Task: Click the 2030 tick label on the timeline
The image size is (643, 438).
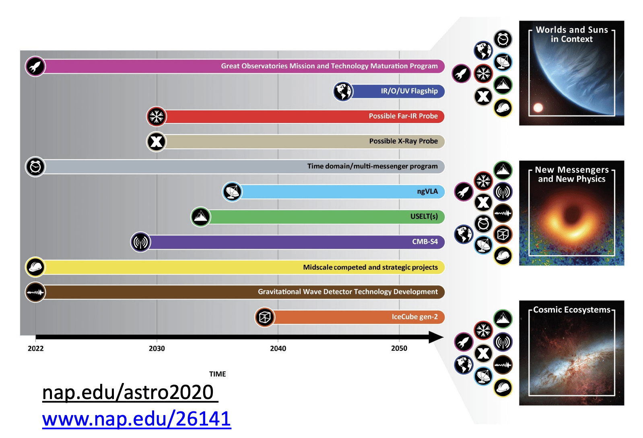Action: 157,348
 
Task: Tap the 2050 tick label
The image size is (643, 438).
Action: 399,348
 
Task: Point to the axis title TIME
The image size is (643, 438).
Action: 217,374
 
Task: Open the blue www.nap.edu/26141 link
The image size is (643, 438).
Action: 136,419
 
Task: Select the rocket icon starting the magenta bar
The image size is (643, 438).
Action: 35,66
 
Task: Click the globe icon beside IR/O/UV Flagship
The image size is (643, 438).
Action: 343,91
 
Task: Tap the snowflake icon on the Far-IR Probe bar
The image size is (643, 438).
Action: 156,117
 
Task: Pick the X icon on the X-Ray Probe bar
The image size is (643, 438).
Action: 156,141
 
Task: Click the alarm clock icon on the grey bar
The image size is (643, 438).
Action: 35,167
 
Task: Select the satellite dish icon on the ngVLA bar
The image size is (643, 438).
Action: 232,192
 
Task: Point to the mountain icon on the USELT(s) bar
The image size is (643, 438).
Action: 200,217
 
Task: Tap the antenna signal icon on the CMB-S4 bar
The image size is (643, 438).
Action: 140,242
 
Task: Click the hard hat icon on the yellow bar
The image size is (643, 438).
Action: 35,267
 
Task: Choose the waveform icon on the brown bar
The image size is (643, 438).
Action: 35,292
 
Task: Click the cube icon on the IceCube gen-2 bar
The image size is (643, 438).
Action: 264,317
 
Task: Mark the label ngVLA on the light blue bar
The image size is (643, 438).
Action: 427,192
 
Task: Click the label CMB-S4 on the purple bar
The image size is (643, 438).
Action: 425,242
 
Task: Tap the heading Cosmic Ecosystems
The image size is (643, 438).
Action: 571,310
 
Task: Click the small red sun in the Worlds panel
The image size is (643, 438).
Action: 538,107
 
